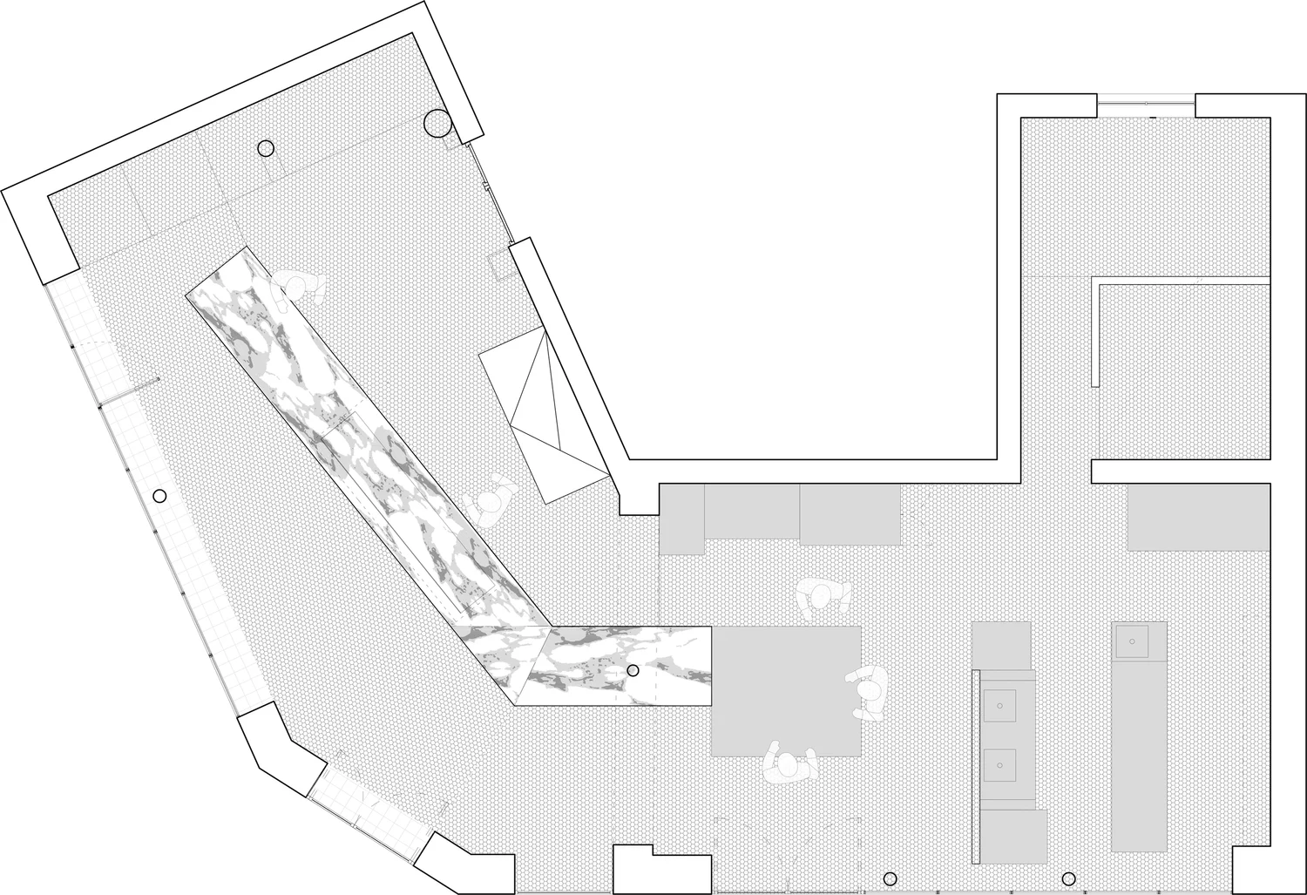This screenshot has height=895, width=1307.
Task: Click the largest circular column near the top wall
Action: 437,124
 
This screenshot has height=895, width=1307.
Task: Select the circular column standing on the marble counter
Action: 633,670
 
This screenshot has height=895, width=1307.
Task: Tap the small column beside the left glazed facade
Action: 159,496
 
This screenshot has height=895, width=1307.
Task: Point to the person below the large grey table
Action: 789,766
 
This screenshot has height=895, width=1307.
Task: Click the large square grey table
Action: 787,690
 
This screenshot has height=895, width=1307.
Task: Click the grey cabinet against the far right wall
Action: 1198,518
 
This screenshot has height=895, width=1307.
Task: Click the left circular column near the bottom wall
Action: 890,878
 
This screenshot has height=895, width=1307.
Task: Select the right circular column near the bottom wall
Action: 1068,878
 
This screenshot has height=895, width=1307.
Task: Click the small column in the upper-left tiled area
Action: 266,148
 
